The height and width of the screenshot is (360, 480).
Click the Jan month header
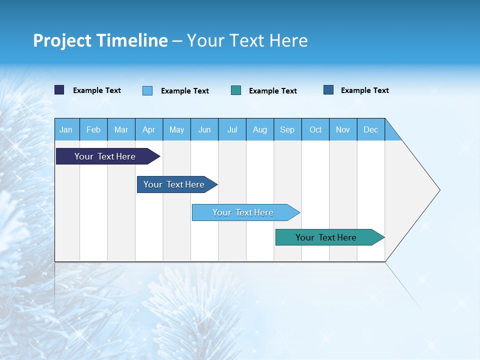tap(66, 129)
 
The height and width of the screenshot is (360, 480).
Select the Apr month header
tap(148, 129)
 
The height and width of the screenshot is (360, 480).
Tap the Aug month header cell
tap(259, 129)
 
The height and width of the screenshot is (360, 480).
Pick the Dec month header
tap(370, 129)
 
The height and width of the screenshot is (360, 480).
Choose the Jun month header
tap(204, 129)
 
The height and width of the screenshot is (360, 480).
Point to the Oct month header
tap(315, 129)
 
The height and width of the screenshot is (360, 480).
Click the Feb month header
tap(93, 129)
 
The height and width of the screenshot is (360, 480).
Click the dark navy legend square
tap(59, 90)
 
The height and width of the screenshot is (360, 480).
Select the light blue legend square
tap(147, 90)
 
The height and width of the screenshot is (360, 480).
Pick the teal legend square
tap(236, 90)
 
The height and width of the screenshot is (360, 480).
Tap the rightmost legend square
tap(328, 90)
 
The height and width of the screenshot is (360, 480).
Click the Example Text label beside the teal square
tap(272, 91)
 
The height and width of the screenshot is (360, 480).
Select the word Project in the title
tap(61, 41)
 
